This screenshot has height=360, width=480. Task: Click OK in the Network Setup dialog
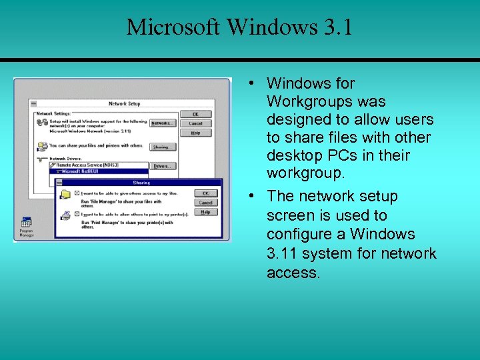point(195,115)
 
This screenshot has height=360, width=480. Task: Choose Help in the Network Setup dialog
point(195,133)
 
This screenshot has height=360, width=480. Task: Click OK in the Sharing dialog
point(205,193)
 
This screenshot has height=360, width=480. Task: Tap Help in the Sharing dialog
point(205,212)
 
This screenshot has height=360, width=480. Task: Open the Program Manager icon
point(26,223)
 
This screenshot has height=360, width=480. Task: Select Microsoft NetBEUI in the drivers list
point(83,171)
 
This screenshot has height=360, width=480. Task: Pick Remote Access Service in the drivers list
point(87,165)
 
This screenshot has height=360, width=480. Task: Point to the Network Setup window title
point(124,104)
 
